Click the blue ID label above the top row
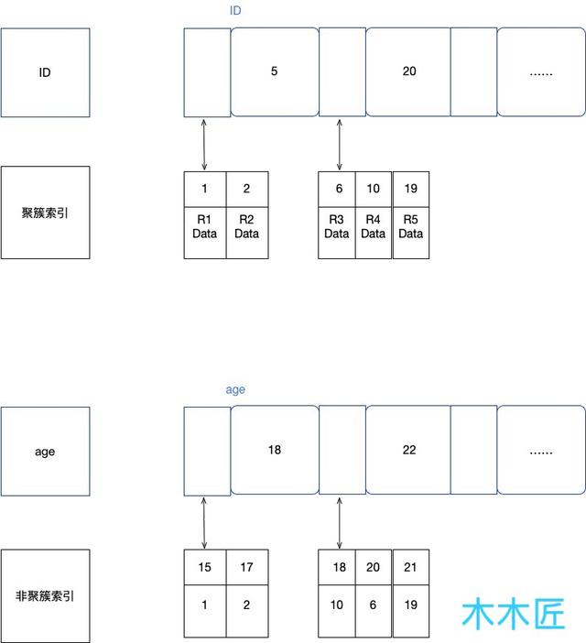(x=235, y=10)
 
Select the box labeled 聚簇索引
(x=45, y=213)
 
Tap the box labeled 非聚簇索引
(x=45, y=596)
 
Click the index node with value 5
(x=275, y=71)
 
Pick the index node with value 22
(x=408, y=450)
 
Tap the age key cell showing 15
(x=205, y=567)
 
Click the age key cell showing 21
(x=411, y=567)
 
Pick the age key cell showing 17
(x=247, y=567)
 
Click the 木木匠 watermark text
(x=514, y=614)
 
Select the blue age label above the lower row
(x=235, y=389)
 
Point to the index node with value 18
(x=275, y=450)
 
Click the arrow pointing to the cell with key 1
(x=204, y=145)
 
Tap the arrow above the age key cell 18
(x=340, y=523)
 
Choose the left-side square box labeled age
(x=45, y=452)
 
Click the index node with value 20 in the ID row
(x=408, y=71)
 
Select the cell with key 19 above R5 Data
(x=411, y=190)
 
